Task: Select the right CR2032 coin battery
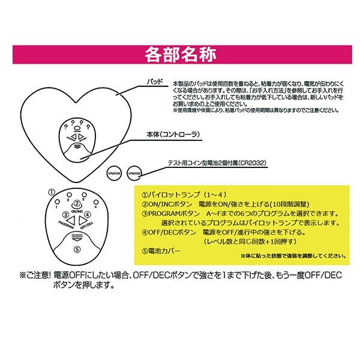pos(136,172)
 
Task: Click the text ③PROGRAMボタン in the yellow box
pos(174,212)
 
